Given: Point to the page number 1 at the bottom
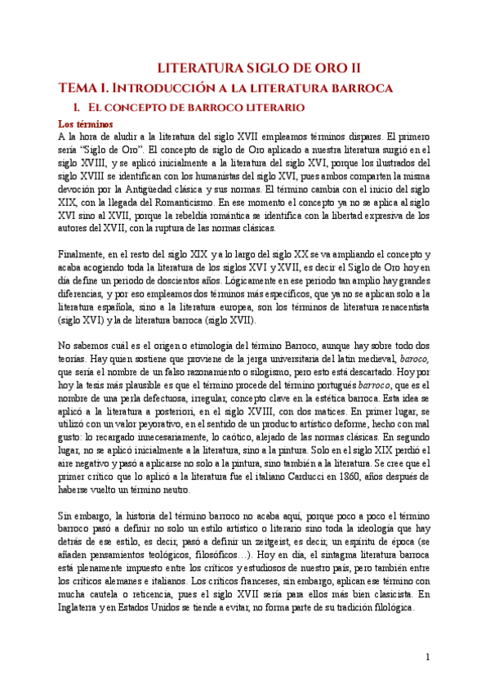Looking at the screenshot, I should coord(427,658).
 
